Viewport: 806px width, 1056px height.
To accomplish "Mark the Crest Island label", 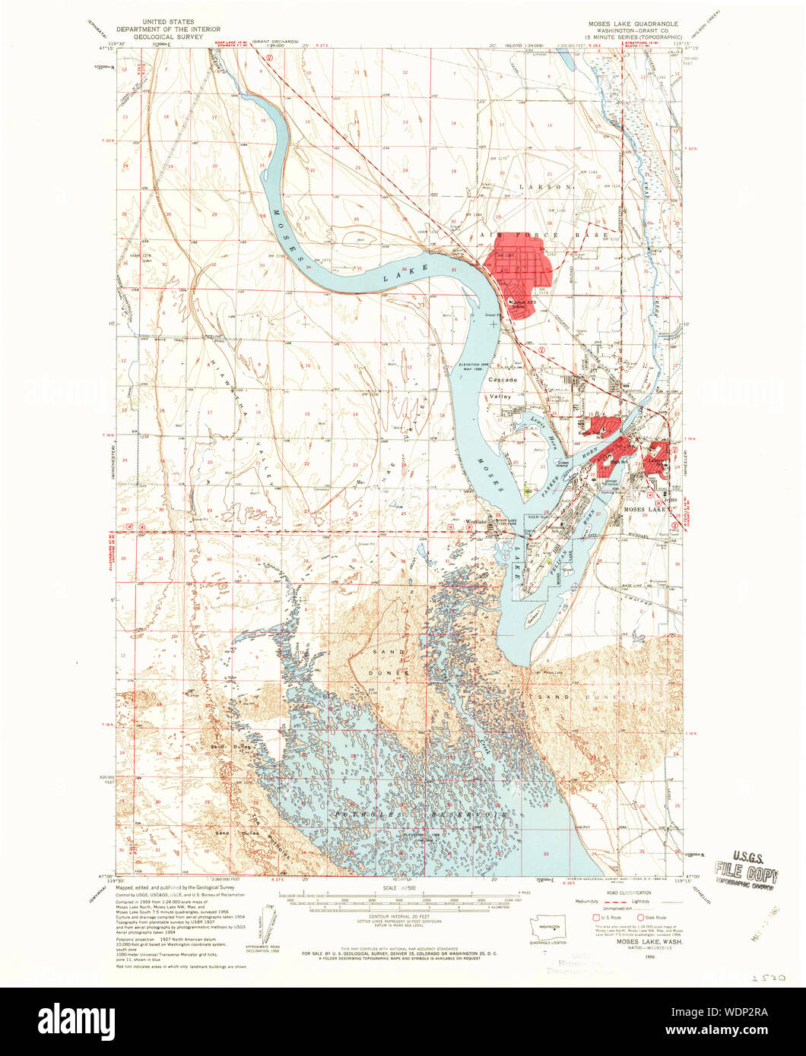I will (563, 462).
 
